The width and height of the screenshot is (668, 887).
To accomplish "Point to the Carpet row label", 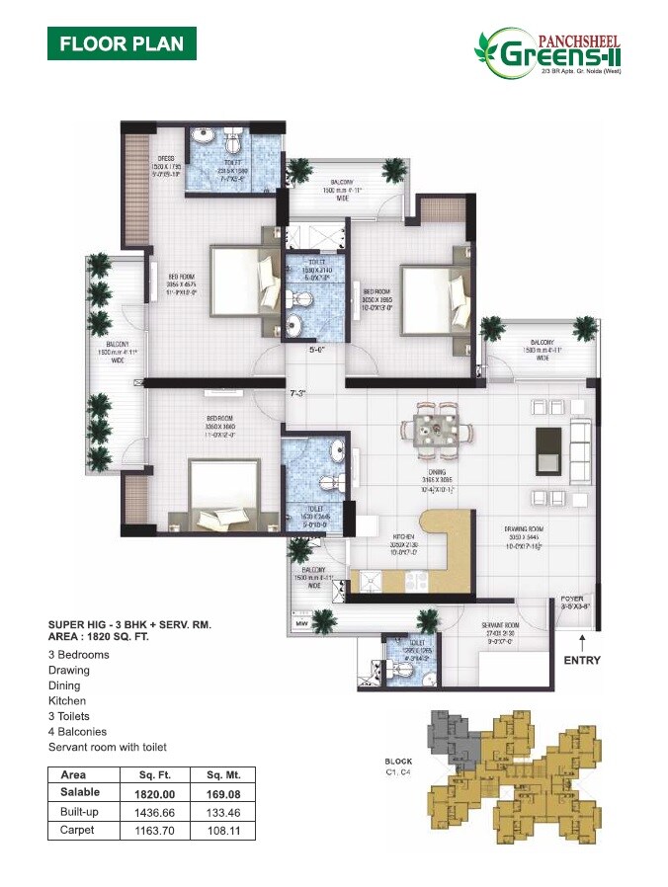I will pyautogui.click(x=77, y=830).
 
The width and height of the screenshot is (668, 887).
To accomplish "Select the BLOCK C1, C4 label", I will pyautogui.click(x=399, y=766).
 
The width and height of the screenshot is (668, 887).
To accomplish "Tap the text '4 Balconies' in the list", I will pyautogui.click(x=79, y=732).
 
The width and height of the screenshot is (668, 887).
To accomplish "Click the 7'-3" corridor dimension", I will pyautogui.click(x=297, y=393).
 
